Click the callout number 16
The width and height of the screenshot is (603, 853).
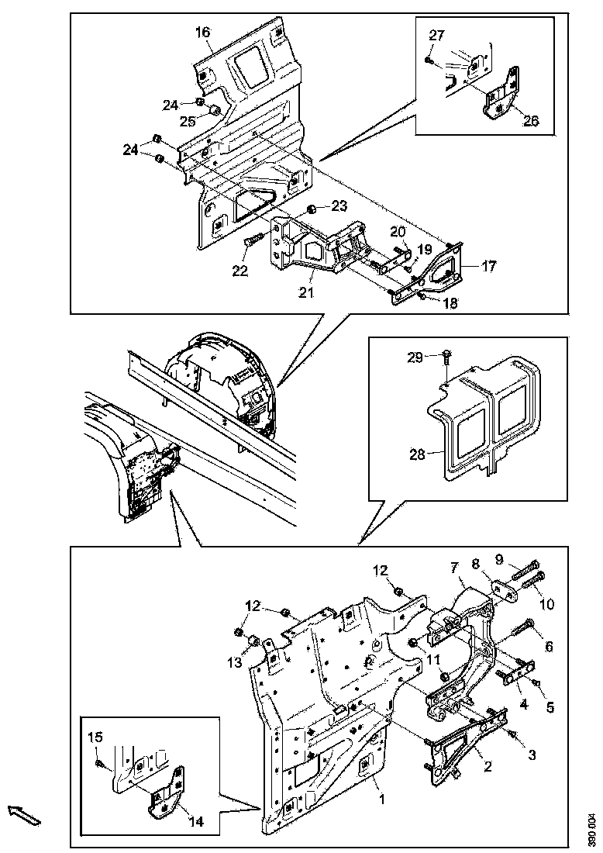(x=202, y=33)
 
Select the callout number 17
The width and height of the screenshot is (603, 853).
(x=488, y=265)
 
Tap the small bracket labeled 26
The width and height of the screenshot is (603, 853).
(x=501, y=92)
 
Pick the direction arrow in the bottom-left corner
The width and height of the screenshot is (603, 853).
(x=24, y=815)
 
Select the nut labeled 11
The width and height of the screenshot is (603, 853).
(x=415, y=642)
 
